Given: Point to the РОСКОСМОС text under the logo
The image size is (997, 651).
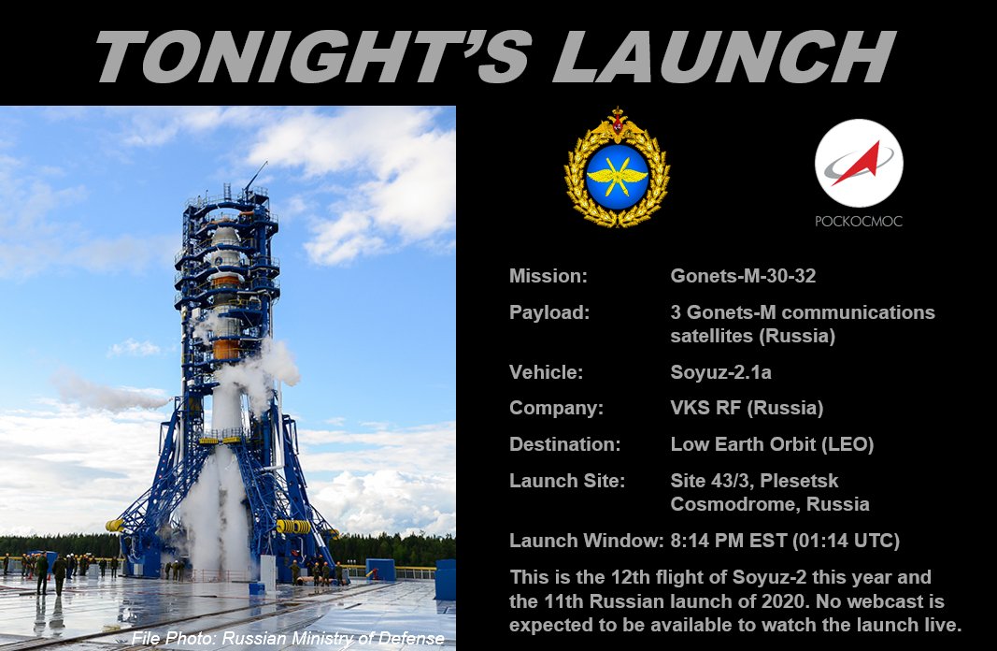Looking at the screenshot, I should pyautogui.click(x=858, y=222).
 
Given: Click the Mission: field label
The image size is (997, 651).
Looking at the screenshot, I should pyautogui.click(x=548, y=276).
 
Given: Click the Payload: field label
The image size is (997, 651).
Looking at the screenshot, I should pyautogui.click(x=549, y=312).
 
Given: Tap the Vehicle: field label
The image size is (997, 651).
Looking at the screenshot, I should pyautogui.click(x=546, y=371).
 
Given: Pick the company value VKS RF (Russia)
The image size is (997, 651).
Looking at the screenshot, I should pyautogui.click(x=747, y=408).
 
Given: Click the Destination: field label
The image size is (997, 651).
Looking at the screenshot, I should pyautogui.click(x=564, y=444).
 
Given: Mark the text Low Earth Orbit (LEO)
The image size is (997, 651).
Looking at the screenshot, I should pyautogui.click(x=772, y=444).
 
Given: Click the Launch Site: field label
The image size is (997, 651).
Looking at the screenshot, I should pyautogui.click(x=567, y=481).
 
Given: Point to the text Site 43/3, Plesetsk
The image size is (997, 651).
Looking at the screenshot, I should pyautogui.click(x=754, y=481).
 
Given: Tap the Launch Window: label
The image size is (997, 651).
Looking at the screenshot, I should pyautogui.click(x=584, y=541).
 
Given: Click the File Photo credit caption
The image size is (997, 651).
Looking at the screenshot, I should pyautogui.click(x=288, y=639).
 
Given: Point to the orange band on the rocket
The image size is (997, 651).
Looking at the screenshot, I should pyautogui.click(x=225, y=349).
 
